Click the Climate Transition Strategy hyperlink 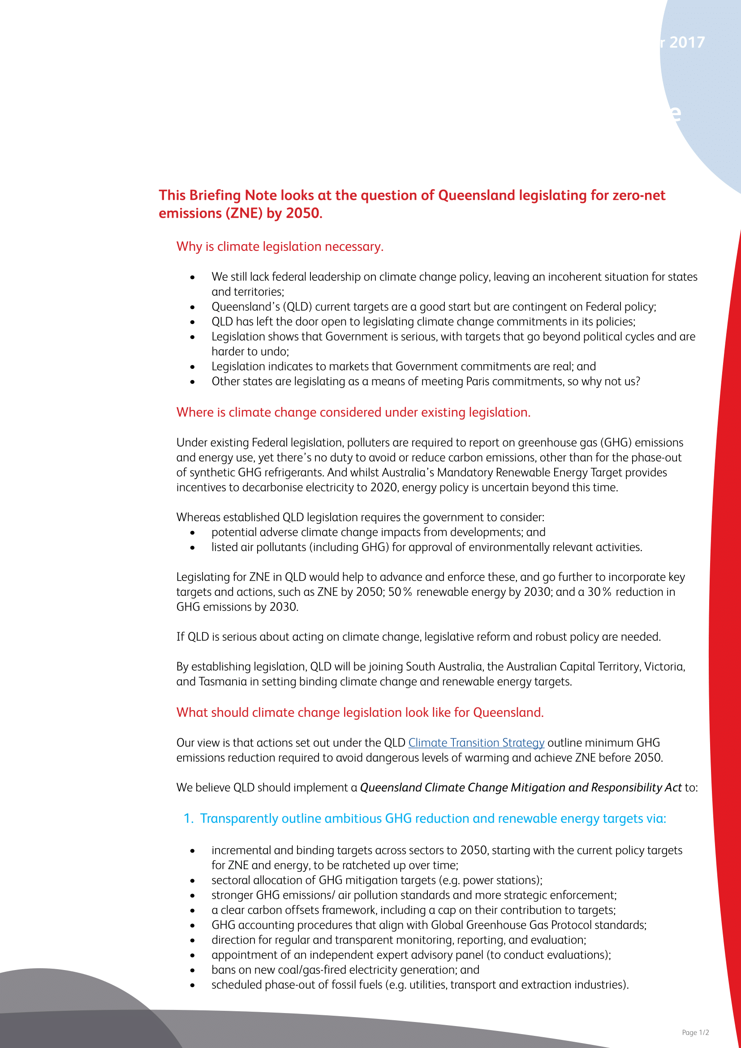(x=476, y=742)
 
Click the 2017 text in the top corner (x=687, y=43)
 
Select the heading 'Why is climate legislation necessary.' (x=280, y=246)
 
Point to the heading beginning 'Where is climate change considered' (x=353, y=412)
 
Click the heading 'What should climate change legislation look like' (x=360, y=712)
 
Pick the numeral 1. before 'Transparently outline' (x=189, y=819)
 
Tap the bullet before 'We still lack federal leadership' (x=193, y=277)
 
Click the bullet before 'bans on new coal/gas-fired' (x=193, y=970)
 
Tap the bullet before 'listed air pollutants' (x=193, y=548)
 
